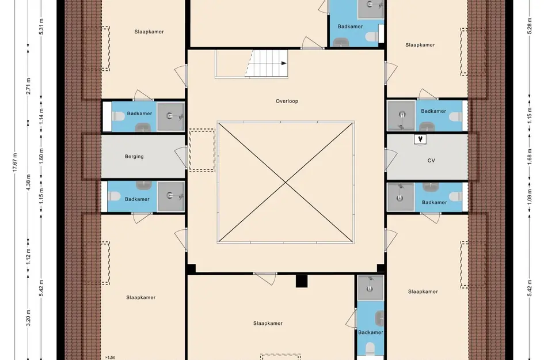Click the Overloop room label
[x=287, y=101]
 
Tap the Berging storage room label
[x=134, y=157]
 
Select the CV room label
[x=431, y=160]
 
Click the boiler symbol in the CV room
[x=420, y=139]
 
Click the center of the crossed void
[x=286, y=182]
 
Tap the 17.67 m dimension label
[x=15, y=162]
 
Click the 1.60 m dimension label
[x=41, y=157]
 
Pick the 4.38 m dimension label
[x=28, y=182]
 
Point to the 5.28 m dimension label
[x=530, y=26]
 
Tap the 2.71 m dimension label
[x=28, y=86]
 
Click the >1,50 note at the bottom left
[x=110, y=358]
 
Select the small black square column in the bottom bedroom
[x=302, y=281]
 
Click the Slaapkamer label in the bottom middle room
[x=268, y=324]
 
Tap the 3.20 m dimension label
[x=28, y=317]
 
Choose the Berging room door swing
[x=180, y=157]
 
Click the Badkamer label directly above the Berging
[x=139, y=113]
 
